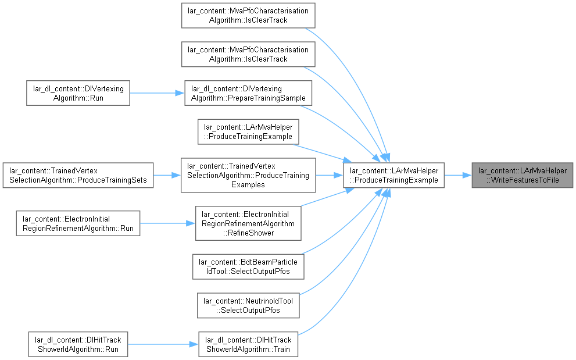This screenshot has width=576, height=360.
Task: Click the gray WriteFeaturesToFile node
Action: [x=522, y=176]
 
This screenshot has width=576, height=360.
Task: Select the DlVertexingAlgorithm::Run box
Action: [x=78, y=93]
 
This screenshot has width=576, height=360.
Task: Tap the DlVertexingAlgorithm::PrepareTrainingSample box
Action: [x=248, y=93]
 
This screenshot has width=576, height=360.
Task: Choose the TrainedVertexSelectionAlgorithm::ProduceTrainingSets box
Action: [x=78, y=176]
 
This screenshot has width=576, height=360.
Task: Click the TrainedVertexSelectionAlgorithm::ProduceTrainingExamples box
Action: [x=248, y=175]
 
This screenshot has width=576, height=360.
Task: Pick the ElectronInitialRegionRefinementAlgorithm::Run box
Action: [x=78, y=223]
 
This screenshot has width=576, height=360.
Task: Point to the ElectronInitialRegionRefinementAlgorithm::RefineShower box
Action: [x=248, y=223]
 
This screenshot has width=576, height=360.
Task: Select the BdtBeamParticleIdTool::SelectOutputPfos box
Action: [x=248, y=266]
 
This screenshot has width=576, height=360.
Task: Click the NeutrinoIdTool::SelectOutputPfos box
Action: [x=248, y=305]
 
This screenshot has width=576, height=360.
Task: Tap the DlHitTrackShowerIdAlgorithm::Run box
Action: [x=78, y=344]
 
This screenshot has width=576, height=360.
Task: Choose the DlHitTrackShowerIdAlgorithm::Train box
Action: [x=248, y=344]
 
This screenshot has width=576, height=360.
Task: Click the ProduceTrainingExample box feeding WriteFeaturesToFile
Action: [x=394, y=176]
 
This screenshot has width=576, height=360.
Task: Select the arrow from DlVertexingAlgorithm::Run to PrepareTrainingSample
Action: [x=157, y=93]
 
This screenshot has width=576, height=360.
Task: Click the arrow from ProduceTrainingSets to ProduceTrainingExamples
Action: [x=167, y=176]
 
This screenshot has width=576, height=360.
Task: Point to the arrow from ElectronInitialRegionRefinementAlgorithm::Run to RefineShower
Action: [x=167, y=223]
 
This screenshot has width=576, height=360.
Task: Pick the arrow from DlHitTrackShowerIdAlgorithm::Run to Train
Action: [x=163, y=344]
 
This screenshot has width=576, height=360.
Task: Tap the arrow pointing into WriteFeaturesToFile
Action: [x=458, y=176]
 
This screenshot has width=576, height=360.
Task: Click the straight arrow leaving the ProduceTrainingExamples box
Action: [x=330, y=176]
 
